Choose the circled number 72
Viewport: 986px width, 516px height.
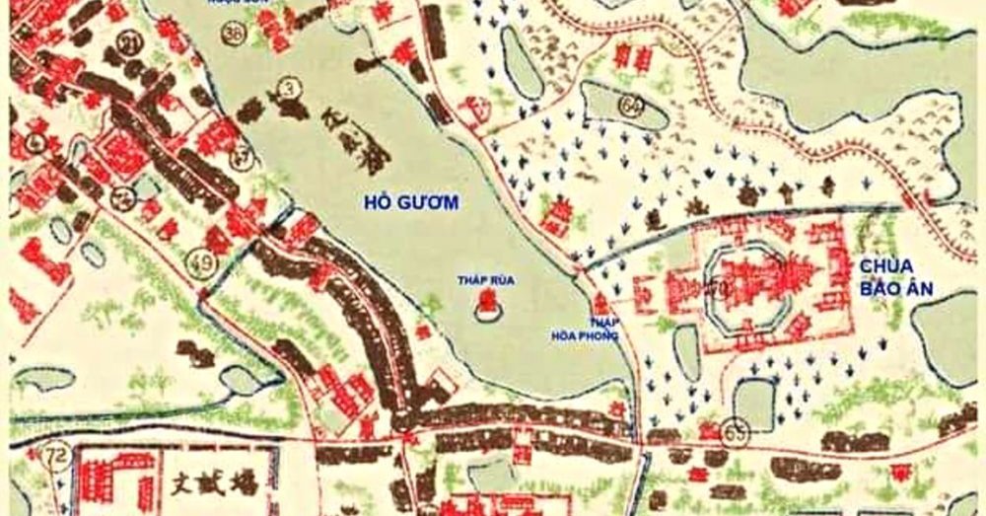pyautogui.click(x=57, y=456)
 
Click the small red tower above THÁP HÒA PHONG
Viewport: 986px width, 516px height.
pyautogui.click(x=599, y=300)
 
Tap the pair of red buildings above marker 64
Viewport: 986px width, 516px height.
pyautogui.click(x=632, y=62)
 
